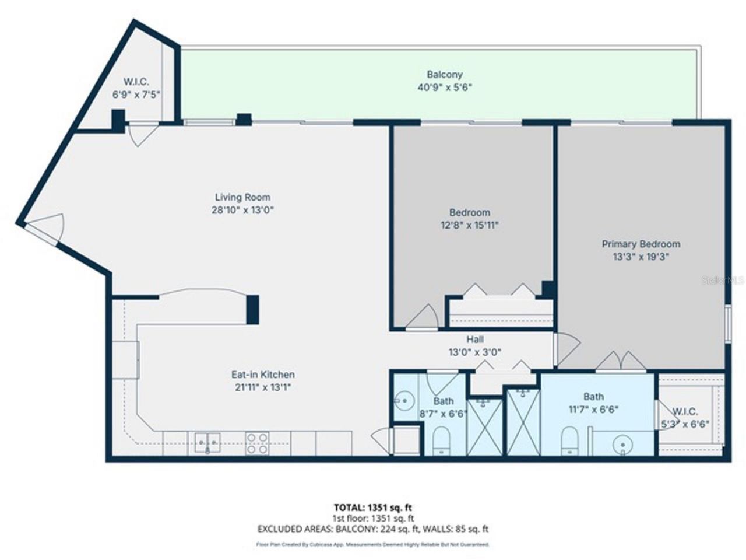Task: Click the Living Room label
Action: (x=242, y=197)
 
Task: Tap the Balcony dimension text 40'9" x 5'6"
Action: (x=444, y=87)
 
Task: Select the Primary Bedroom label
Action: (x=641, y=244)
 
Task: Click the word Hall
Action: (x=474, y=339)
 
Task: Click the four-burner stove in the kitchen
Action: (x=257, y=443)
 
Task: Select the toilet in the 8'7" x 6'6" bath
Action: (x=441, y=440)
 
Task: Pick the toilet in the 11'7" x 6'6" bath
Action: (x=569, y=440)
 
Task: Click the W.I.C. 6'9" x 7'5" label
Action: (x=136, y=87)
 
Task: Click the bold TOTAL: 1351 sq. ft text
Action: (x=373, y=507)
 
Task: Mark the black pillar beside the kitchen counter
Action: (x=252, y=310)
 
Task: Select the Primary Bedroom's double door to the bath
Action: (x=621, y=362)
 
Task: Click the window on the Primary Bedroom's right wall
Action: (x=727, y=322)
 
